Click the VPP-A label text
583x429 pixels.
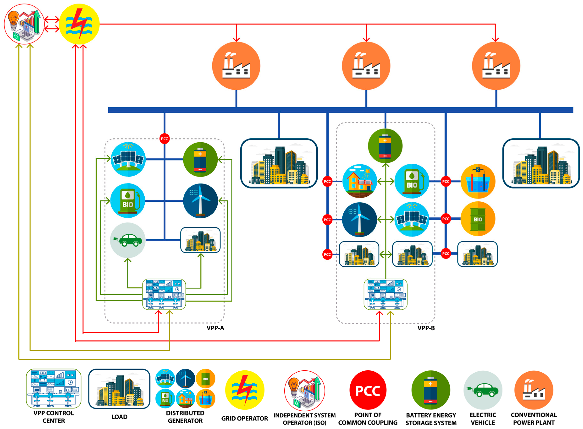(215, 328)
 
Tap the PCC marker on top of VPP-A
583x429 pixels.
(164, 139)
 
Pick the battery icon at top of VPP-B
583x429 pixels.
(385, 146)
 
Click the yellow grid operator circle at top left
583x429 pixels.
(79, 24)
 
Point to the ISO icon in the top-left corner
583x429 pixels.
(24, 24)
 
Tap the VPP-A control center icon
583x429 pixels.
(164, 294)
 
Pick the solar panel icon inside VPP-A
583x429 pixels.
(128, 159)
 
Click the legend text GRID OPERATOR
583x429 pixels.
(244, 418)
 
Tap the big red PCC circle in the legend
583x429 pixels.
(368, 390)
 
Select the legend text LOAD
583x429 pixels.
(119, 417)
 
